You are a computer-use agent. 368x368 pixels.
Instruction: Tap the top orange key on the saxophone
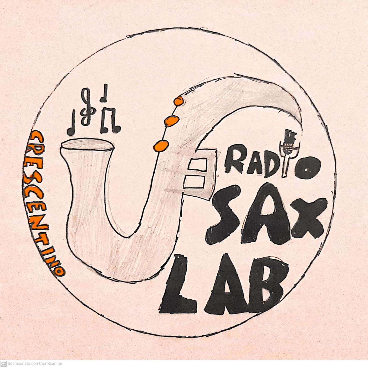coord(179,101)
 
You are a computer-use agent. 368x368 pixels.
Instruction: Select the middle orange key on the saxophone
coord(171,121)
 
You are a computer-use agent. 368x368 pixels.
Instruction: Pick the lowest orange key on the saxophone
coord(161,146)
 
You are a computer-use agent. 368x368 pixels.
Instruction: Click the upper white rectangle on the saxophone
coord(197,165)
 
